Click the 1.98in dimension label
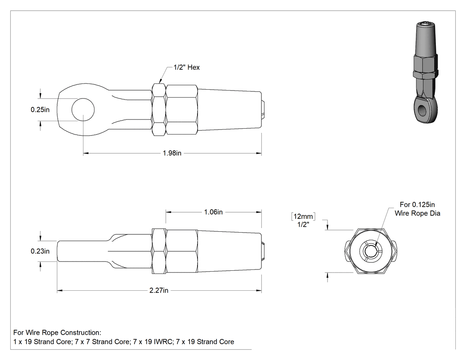(x=172, y=153)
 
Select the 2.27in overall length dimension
(x=159, y=290)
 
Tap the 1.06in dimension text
(x=213, y=212)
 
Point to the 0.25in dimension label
(x=40, y=110)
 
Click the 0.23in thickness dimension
(x=40, y=251)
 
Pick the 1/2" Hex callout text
(x=187, y=67)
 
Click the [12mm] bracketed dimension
(x=303, y=217)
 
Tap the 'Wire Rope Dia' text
(x=417, y=213)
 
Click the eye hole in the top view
(x=83, y=110)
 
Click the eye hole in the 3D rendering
(x=422, y=110)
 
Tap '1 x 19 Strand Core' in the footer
(x=42, y=342)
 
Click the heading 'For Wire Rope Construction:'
(x=57, y=332)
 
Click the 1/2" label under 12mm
(x=303, y=225)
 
